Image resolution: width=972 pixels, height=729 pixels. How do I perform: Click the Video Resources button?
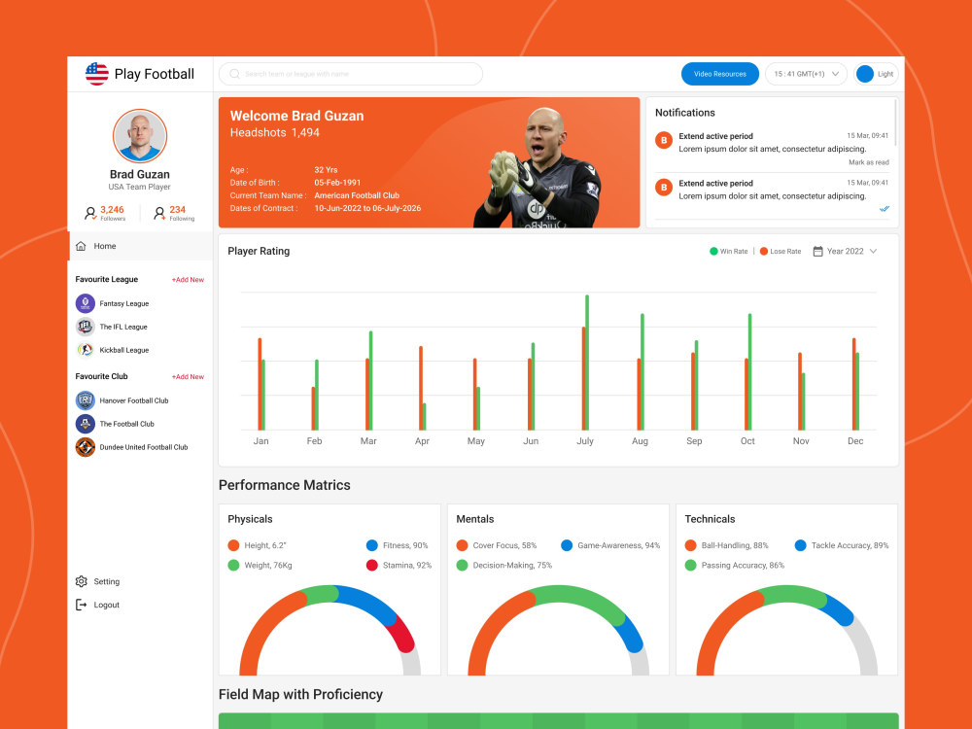719,74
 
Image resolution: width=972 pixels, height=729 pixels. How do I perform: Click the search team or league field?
351,74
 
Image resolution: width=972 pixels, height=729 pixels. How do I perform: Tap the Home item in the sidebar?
105,246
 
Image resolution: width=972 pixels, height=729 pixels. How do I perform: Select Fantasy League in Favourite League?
123,303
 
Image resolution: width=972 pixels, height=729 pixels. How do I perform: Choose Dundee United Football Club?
143,447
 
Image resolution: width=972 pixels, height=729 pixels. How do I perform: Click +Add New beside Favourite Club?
188,376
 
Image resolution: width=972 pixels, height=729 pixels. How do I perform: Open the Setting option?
106,581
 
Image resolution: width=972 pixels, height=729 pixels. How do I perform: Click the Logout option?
106,605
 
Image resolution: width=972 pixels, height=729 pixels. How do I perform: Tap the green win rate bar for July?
587,362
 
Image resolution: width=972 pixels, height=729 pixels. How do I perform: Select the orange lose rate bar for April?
421,388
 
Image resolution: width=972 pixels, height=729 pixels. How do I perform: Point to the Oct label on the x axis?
747,441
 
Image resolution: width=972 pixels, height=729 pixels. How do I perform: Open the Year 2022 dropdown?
845,251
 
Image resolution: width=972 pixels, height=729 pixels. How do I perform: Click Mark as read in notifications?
868,162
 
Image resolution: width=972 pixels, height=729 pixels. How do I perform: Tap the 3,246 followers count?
112,210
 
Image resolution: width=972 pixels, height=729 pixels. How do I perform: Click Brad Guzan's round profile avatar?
140,136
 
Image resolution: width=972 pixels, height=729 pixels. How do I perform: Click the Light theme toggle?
876,74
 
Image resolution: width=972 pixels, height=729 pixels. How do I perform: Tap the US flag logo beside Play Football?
97,74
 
